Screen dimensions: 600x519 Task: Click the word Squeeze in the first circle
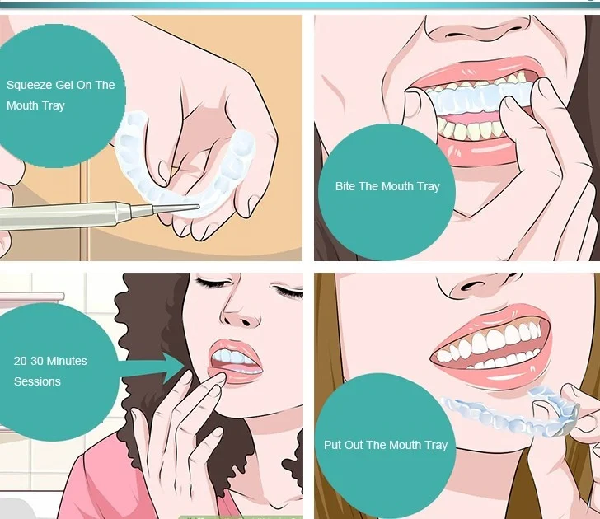click(29, 85)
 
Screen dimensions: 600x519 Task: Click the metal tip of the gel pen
click(176, 208)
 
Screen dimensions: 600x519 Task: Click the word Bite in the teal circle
click(345, 186)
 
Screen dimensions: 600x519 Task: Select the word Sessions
click(37, 381)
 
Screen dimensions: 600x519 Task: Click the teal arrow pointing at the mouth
click(153, 368)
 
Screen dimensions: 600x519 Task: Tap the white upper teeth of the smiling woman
click(494, 339)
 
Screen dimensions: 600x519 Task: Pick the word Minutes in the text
click(66, 361)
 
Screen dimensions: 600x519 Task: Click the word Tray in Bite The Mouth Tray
click(429, 187)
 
